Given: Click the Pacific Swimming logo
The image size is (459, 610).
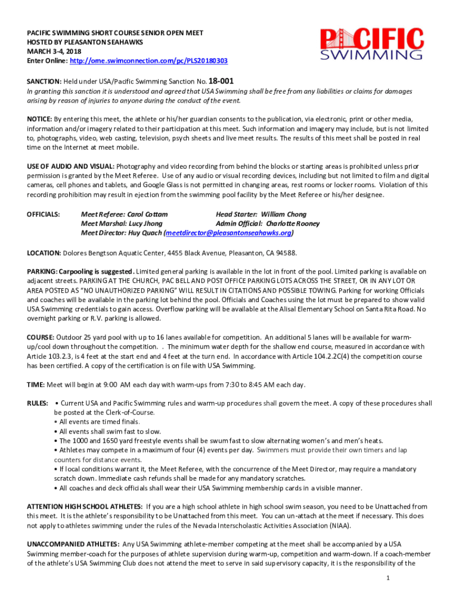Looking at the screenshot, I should [372, 44].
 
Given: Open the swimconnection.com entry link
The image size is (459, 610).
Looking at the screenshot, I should [148, 61].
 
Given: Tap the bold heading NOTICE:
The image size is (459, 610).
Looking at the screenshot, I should [39, 119].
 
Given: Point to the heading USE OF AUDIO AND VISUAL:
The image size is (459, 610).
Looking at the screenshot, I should [71, 166].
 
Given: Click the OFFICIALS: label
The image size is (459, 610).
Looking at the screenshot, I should [44, 214].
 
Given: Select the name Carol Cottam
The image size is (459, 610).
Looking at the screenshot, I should [147, 214].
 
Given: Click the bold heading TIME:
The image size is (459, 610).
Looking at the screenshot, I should [36, 384].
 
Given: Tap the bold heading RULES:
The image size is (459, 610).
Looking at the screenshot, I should [38, 403].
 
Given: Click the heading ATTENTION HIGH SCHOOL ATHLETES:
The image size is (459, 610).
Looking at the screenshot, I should [85, 507].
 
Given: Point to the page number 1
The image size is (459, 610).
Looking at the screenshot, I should [387, 578].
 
